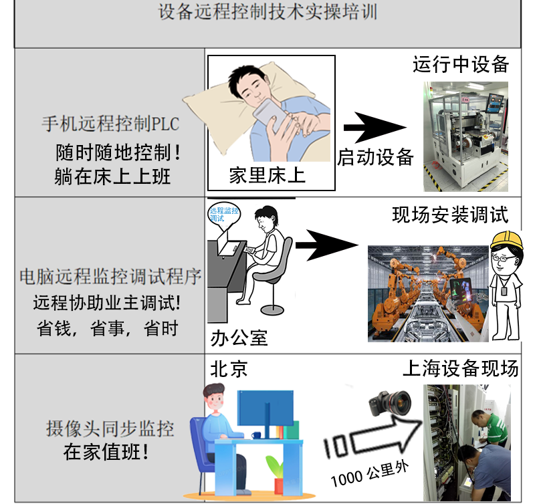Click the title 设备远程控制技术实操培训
tap(268, 12)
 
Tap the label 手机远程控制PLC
tap(110, 124)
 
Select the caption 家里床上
tap(267, 176)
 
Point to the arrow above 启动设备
tap(375, 128)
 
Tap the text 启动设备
tap(375, 157)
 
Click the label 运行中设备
tap(461, 64)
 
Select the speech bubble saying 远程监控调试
tap(224, 215)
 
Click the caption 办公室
tap(239, 338)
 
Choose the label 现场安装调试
tap(450, 215)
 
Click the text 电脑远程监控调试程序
tap(110, 276)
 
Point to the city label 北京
tap(229, 369)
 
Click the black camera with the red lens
tap(390, 404)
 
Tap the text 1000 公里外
tap(370, 474)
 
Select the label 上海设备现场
tap(461, 368)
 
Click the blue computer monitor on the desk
tap(265, 408)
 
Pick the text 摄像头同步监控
tap(110, 428)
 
